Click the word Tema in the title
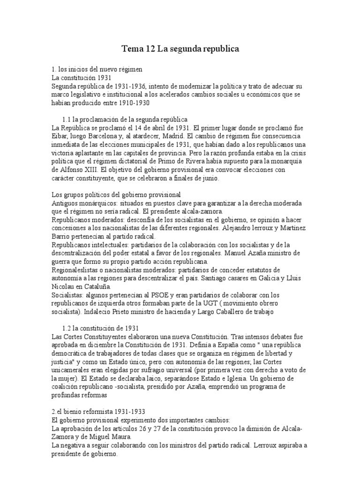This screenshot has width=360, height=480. click(x=133, y=48)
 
